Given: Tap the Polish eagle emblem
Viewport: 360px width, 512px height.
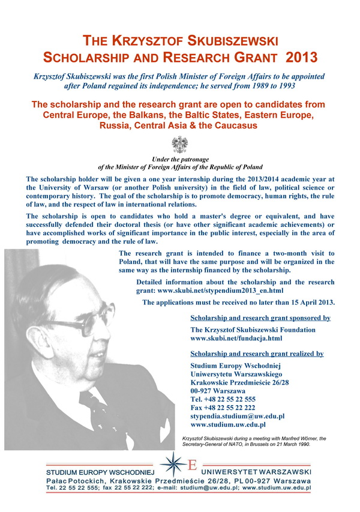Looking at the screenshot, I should click(179, 145).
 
